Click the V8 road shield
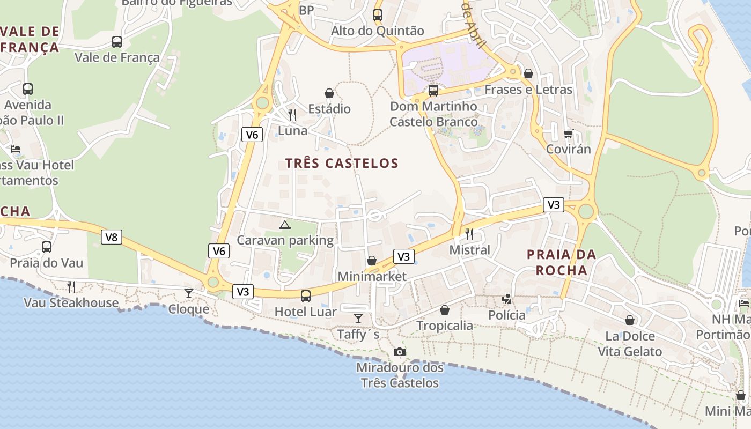point(112,237)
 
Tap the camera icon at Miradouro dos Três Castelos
point(400,352)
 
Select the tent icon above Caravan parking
point(285,225)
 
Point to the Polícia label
point(507,315)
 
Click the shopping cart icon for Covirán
point(568,134)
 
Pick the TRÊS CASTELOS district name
point(342,164)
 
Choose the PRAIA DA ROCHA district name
point(562,262)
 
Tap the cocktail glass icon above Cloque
point(189,293)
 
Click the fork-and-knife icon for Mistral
point(469,234)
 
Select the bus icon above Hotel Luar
point(306,295)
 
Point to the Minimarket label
point(372,277)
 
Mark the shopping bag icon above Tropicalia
point(445,310)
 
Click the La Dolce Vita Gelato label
point(630,344)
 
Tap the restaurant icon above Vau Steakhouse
point(71,286)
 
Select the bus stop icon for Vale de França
point(117,41)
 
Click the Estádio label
point(329,109)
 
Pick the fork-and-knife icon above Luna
point(292,114)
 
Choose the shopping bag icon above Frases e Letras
point(528,73)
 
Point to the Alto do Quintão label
point(378,31)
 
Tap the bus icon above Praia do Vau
point(47,247)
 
